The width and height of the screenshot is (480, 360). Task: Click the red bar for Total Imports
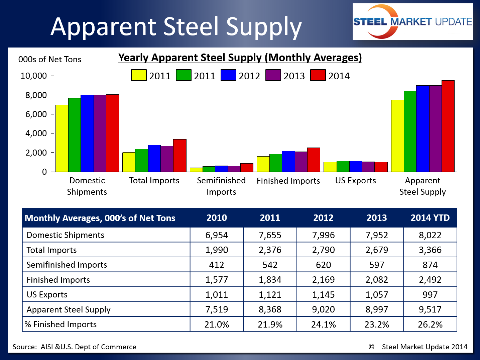pos(180,156)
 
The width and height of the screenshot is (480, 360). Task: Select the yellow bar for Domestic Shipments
pos(62,138)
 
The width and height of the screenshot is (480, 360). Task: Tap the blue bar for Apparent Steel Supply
pos(423,128)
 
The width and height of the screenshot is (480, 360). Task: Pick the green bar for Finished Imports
pos(276,163)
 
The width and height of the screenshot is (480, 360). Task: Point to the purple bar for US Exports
pos(368,167)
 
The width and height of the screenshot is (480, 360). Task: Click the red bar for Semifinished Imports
pos(247,168)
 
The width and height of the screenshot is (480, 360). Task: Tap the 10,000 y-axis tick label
pos(33,76)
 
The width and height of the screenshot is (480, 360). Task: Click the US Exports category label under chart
pos(355,181)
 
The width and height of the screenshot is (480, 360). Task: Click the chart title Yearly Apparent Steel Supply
pos(240,58)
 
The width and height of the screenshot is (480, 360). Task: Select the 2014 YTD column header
pos(430,218)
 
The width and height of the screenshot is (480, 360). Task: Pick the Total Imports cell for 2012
pos(323,250)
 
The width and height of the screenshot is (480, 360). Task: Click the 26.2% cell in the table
pos(430,324)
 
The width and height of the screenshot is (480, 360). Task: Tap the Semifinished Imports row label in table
pos(67,265)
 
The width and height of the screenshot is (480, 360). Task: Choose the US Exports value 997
pos(430,294)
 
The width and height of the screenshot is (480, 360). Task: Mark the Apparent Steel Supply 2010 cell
pos(217,309)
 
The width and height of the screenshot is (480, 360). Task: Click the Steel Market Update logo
pos(412,22)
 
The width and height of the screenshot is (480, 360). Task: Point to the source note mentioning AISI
pos(75,347)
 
